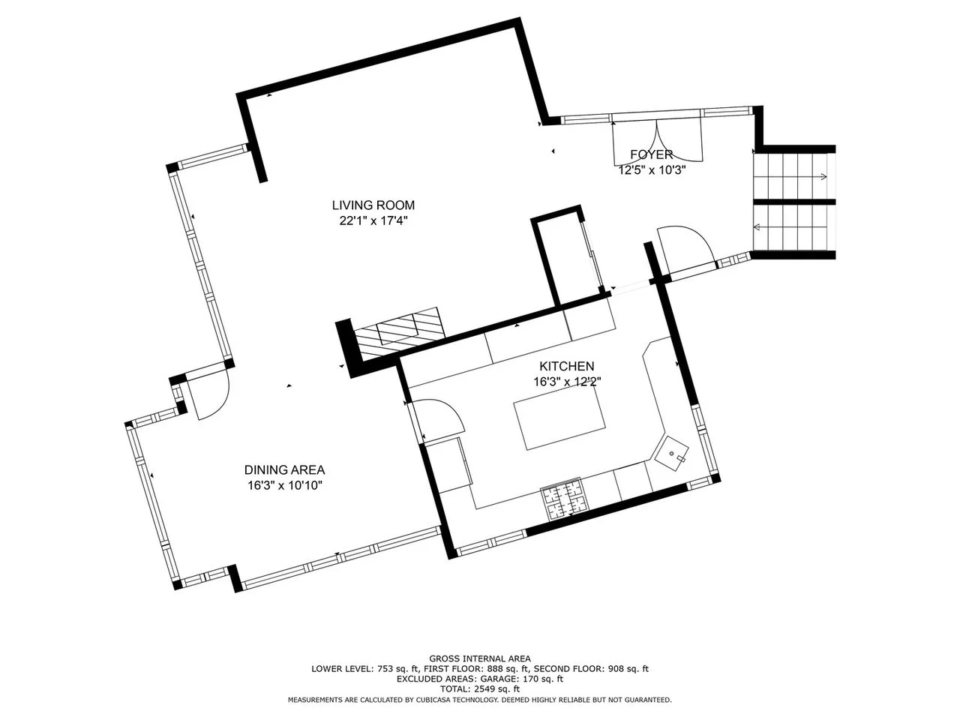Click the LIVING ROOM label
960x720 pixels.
[x=373, y=205]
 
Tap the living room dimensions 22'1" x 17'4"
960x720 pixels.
[x=373, y=220]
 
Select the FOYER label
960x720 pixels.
[x=651, y=154]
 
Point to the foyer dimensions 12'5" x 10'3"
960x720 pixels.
[x=652, y=170]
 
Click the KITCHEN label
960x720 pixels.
[x=566, y=366]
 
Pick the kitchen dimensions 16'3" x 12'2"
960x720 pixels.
[x=567, y=382]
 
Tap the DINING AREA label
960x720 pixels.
[x=284, y=470]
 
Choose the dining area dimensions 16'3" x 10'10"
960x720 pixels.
[x=285, y=485]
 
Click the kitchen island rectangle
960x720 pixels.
[x=559, y=418]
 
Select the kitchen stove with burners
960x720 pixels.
[x=565, y=499]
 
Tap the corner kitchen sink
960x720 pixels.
[x=671, y=452]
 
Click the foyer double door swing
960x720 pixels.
[x=657, y=141]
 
